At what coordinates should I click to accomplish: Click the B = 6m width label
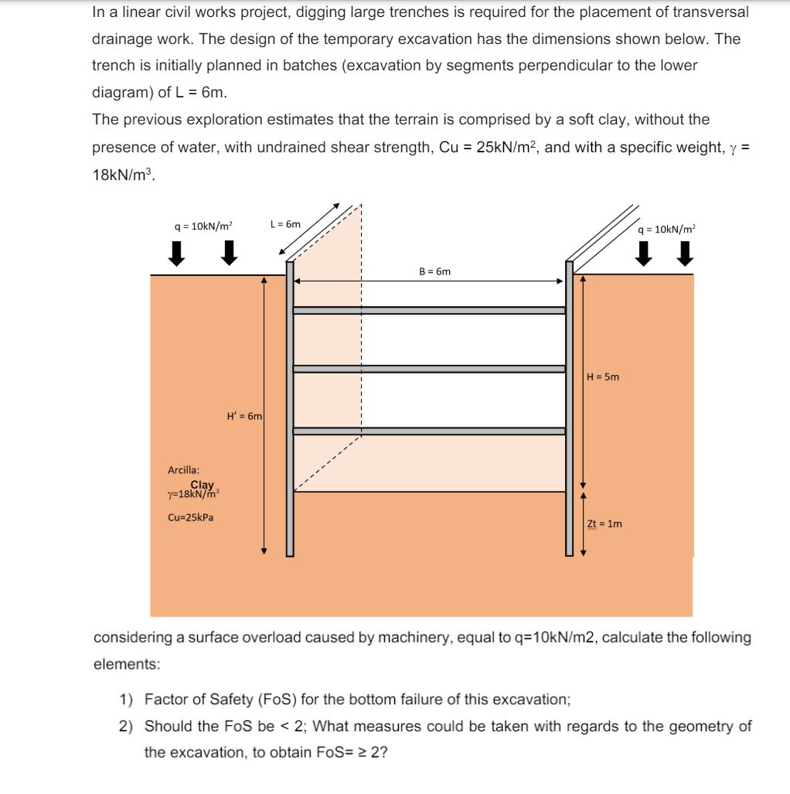[x=434, y=271]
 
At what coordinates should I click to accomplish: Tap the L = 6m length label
[x=285, y=224]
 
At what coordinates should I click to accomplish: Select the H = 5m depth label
[x=603, y=377]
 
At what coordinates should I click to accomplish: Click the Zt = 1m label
[x=604, y=523]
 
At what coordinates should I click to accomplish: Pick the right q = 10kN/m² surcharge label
[x=666, y=228]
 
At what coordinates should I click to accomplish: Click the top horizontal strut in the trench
[x=429, y=310]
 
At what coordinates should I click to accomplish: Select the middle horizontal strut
[x=429, y=369]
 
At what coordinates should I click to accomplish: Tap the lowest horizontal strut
[x=429, y=431]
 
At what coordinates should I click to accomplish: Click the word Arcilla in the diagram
[x=183, y=469]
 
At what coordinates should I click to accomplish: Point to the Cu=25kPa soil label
[x=190, y=517]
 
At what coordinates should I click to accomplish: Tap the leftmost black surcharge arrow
[x=178, y=253]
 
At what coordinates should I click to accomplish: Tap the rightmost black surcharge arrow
[x=683, y=253]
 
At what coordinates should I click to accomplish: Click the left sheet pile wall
[x=290, y=410]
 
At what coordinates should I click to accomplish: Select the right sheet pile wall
[x=570, y=410]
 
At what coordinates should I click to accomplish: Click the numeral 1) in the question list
[x=127, y=700]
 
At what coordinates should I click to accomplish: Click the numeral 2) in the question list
[x=127, y=726]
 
